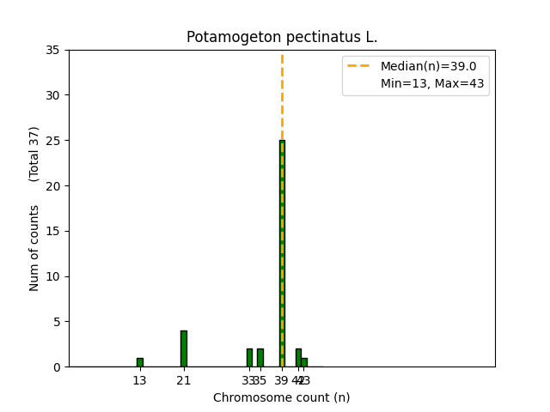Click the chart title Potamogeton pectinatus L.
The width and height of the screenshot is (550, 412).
click(282, 38)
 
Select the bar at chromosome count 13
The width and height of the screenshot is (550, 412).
click(139, 362)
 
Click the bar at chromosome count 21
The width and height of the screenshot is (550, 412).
click(183, 348)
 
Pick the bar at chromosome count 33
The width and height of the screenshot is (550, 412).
click(249, 358)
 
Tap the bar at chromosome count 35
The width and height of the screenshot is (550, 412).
click(260, 358)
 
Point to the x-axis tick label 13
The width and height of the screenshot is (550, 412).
click(139, 380)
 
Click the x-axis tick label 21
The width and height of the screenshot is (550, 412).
click(183, 380)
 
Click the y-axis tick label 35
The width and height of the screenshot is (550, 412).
click(53, 50)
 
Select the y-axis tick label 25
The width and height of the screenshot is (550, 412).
click(53, 141)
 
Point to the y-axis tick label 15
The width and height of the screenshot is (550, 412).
click(53, 231)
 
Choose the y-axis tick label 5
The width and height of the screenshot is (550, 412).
click(57, 322)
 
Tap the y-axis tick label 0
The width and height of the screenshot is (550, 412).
click(57, 367)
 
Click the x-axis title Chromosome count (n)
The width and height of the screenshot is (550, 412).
click(282, 397)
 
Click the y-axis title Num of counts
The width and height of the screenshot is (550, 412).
click(34, 248)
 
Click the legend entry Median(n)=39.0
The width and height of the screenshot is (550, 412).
click(422, 66)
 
